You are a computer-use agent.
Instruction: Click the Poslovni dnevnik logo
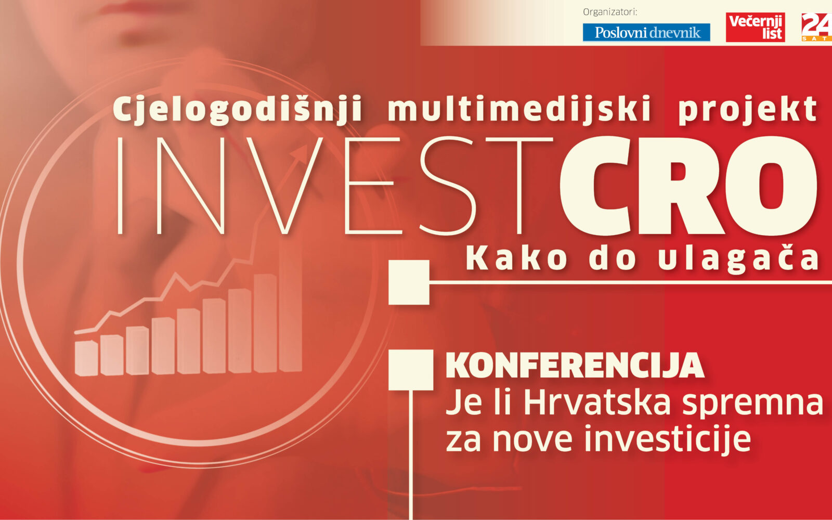point(646,32)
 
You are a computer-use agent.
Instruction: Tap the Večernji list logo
point(756,27)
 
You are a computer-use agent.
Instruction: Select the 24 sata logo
point(817,27)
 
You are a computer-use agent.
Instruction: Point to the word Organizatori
point(610,12)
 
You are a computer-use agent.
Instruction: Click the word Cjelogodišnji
point(237,109)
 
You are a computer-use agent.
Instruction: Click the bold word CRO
point(689,186)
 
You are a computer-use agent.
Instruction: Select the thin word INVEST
point(335,186)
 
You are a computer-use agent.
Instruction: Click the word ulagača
point(738,259)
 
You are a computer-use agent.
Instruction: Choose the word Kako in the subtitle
point(517,258)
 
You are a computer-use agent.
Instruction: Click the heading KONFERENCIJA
point(575,366)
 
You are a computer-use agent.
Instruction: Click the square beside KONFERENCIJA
point(411,370)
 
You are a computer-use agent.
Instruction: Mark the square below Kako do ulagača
point(409,282)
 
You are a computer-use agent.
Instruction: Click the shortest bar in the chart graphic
point(86,358)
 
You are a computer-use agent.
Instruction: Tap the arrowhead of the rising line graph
point(300,152)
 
